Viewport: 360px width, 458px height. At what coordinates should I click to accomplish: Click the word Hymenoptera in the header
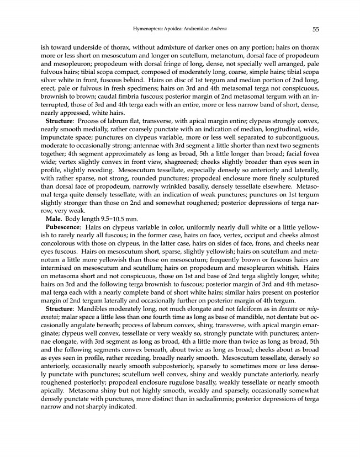(x=149, y=29)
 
